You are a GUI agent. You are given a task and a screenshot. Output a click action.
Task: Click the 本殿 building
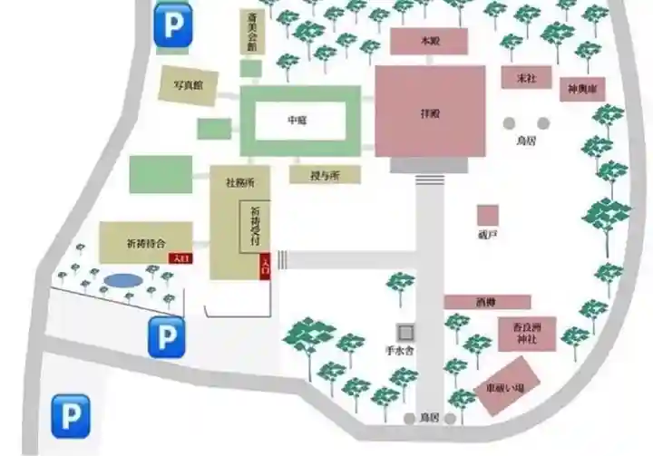click(428, 42)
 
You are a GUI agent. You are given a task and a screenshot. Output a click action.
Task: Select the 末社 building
click(526, 78)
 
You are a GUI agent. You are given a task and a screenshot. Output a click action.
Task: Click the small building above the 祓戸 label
click(488, 215)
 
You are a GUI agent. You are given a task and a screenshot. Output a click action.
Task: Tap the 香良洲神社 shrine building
click(526, 334)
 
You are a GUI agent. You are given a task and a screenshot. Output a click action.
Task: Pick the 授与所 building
click(325, 175)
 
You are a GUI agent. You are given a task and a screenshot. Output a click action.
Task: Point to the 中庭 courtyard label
click(297, 121)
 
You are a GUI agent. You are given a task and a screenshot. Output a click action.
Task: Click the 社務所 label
click(239, 182)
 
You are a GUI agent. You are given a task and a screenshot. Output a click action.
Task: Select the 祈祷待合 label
click(146, 244)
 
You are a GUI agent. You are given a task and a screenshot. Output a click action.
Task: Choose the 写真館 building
click(188, 85)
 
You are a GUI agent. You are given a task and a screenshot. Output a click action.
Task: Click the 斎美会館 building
click(251, 34)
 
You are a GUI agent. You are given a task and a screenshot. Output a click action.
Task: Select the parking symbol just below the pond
click(166, 336)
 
